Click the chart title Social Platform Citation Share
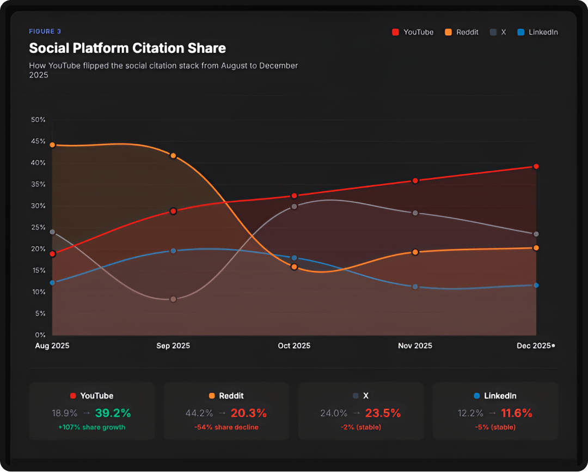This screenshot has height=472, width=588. (127, 48)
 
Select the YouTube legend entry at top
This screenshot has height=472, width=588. (413, 32)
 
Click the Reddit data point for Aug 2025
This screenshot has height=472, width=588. (52, 145)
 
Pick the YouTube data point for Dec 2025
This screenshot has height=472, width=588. (536, 166)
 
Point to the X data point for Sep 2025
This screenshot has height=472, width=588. (173, 299)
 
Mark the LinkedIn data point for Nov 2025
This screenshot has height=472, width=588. (415, 287)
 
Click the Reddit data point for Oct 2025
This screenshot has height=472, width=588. (294, 267)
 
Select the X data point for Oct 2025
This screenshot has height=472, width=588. (294, 207)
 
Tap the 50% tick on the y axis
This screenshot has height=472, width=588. (38, 119)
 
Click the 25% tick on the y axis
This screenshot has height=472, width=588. (38, 227)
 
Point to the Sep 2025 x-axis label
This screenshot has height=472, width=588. (173, 346)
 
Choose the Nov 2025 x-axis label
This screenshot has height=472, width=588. (415, 346)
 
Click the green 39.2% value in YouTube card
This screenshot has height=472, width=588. (113, 413)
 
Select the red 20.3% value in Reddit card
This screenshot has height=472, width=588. (248, 413)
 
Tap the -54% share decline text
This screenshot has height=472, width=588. (226, 427)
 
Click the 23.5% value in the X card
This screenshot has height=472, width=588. (382, 413)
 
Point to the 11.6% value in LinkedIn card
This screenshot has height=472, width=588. (517, 413)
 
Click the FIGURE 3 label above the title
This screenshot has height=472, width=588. (45, 32)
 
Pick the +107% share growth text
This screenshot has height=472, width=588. (91, 427)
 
